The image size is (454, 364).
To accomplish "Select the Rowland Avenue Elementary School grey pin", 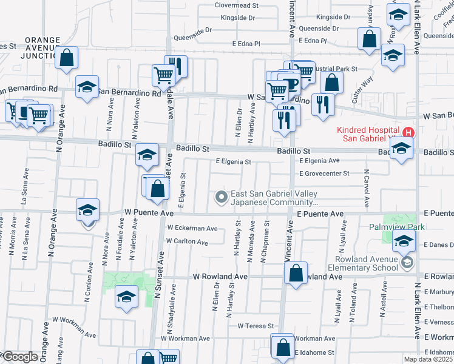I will pyautogui.click(x=406, y=263).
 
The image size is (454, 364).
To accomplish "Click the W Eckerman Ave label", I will pyautogui.click(x=192, y=229).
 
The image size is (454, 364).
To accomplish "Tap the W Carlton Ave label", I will pyautogui.click(x=187, y=241).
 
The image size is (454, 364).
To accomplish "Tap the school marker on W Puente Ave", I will pyautogui.click(x=88, y=211).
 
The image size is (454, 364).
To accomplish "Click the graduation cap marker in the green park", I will pyautogui.click(x=127, y=297).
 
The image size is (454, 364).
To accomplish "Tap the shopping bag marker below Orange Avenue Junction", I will pyautogui.click(x=67, y=58).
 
